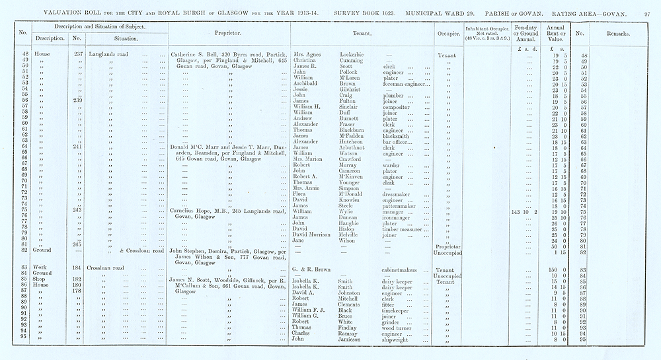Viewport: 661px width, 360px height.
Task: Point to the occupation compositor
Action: coord(399,106)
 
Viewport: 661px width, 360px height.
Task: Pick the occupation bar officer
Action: coord(399,141)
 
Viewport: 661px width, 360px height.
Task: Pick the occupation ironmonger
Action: coord(400,217)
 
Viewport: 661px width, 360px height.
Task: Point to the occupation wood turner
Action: coord(399,328)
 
